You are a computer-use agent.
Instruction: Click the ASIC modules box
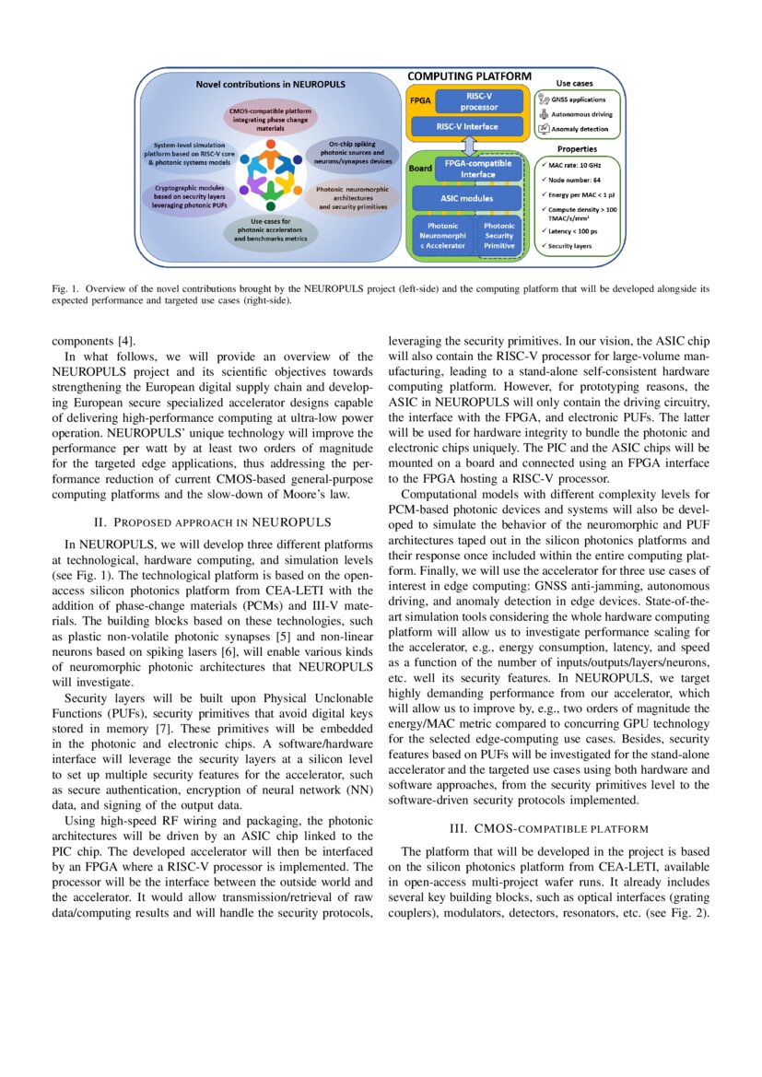tap(465, 198)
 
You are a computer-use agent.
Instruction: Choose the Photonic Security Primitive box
tap(499, 235)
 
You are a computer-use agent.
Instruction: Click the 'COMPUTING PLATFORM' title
tap(470, 76)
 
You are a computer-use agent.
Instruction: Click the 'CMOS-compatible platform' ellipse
tap(271, 119)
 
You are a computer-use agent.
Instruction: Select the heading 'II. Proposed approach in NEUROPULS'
tap(212, 522)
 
